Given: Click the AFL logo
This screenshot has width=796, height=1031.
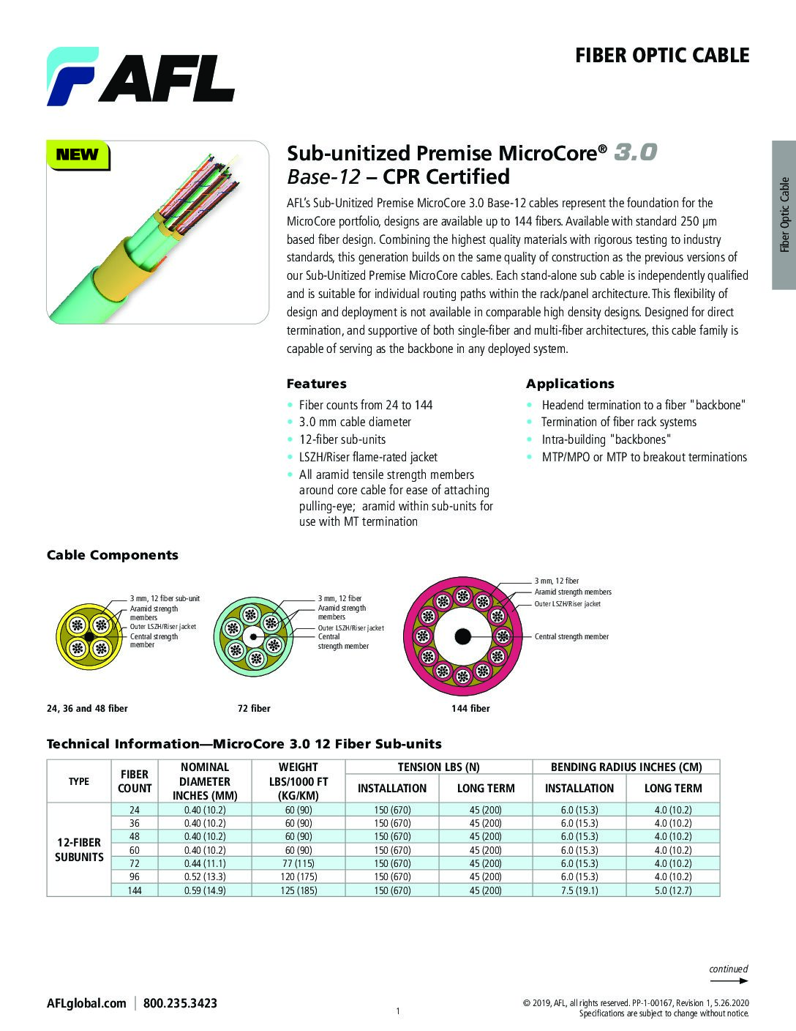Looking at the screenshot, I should coord(140,76).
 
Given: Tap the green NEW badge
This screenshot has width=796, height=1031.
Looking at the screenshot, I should coord(77,155).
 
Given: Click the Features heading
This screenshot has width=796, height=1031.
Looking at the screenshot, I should coord(316,384).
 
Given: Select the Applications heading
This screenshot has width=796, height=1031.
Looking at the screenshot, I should coord(570,384).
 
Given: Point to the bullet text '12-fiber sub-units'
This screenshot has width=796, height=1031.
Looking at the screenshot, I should coord(342,439).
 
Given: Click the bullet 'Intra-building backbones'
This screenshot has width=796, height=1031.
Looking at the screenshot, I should coord(606,439).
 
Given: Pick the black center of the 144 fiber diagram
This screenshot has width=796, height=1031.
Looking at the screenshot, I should coord(462,636).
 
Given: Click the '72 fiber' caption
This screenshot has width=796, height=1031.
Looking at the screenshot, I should coord(253,708).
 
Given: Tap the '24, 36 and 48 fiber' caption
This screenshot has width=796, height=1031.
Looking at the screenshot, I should coord(87,708).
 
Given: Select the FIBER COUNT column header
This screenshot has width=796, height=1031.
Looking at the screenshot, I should coord(135,781).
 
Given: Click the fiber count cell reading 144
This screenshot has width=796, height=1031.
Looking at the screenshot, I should coord(135,890).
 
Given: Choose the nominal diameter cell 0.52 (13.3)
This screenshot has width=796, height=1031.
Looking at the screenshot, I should coord(205,876).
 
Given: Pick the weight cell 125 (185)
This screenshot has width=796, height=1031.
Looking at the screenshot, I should coord(298,890).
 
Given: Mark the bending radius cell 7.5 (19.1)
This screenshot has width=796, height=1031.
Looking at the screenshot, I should coord(579,890).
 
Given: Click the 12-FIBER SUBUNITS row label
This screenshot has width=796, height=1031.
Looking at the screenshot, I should coord(79,849).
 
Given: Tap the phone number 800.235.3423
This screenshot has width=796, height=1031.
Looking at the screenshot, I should coord(180,1003).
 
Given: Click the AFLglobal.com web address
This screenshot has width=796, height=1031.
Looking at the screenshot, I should coord(86,1003).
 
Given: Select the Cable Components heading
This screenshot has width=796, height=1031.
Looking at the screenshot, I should coord(113,555).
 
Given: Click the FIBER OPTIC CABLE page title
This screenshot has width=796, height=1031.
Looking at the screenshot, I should coord(662,56).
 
